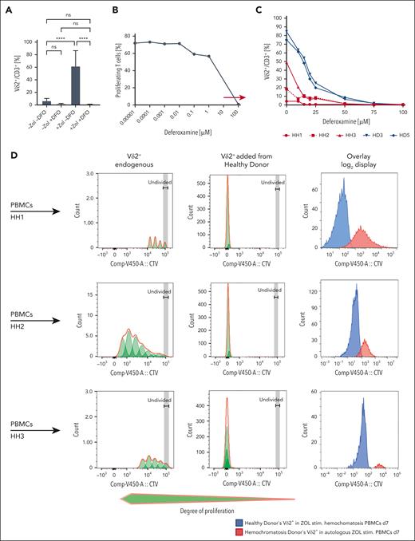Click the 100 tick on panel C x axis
[401, 111]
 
